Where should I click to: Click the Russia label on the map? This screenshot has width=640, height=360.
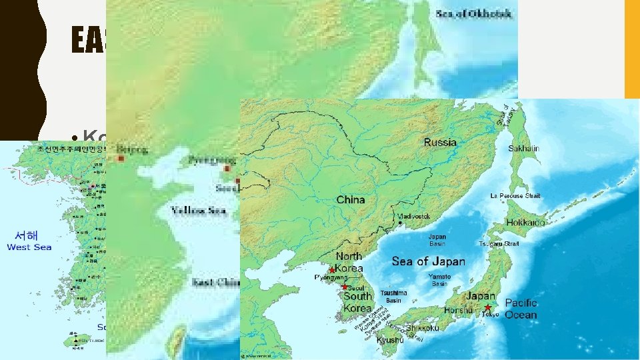point(440,142)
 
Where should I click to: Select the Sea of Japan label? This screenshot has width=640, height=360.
point(428,261)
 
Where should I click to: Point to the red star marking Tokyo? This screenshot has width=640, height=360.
point(488,308)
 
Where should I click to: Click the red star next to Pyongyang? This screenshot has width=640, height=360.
point(331,270)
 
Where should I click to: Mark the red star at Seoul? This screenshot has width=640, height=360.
point(344,287)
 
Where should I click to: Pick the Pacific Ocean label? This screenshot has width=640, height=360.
point(521,309)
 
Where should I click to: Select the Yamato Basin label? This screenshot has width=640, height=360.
point(439,280)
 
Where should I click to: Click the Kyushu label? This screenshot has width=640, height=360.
point(391,340)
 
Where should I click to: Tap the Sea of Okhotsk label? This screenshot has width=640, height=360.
point(474,13)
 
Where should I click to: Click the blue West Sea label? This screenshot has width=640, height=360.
point(29,247)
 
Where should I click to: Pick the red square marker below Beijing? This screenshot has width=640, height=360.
point(121,159)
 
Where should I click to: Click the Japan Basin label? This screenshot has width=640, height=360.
point(437,240)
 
